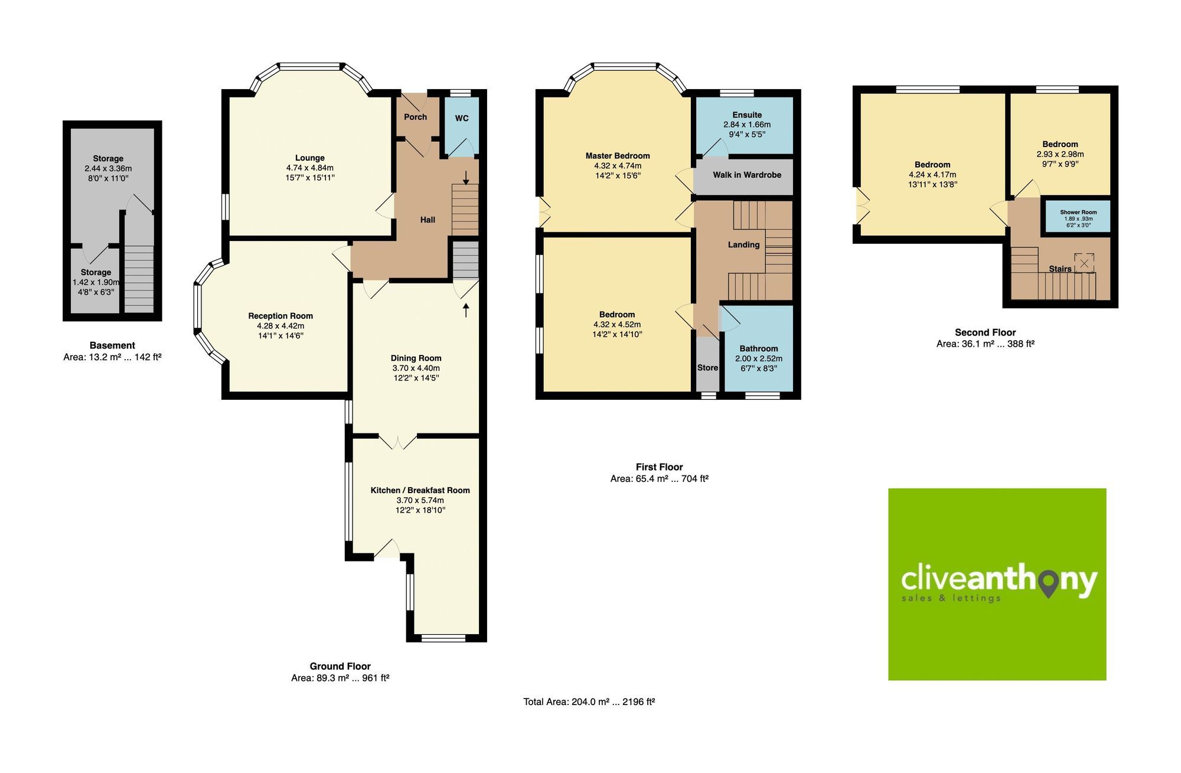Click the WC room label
(x=462, y=118)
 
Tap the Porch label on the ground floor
(x=415, y=117)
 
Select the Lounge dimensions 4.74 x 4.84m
(x=309, y=168)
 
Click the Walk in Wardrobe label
(x=746, y=175)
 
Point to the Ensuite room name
(x=746, y=115)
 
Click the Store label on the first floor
(x=707, y=367)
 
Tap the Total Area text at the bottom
(x=589, y=702)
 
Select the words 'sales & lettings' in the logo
(x=951, y=598)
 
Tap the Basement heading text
(x=112, y=345)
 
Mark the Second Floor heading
(x=985, y=332)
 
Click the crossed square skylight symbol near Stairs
(x=1084, y=263)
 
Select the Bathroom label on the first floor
(x=758, y=348)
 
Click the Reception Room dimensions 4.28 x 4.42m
(x=280, y=326)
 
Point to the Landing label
(x=743, y=244)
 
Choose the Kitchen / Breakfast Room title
(x=420, y=490)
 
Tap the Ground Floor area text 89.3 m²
(x=340, y=678)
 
